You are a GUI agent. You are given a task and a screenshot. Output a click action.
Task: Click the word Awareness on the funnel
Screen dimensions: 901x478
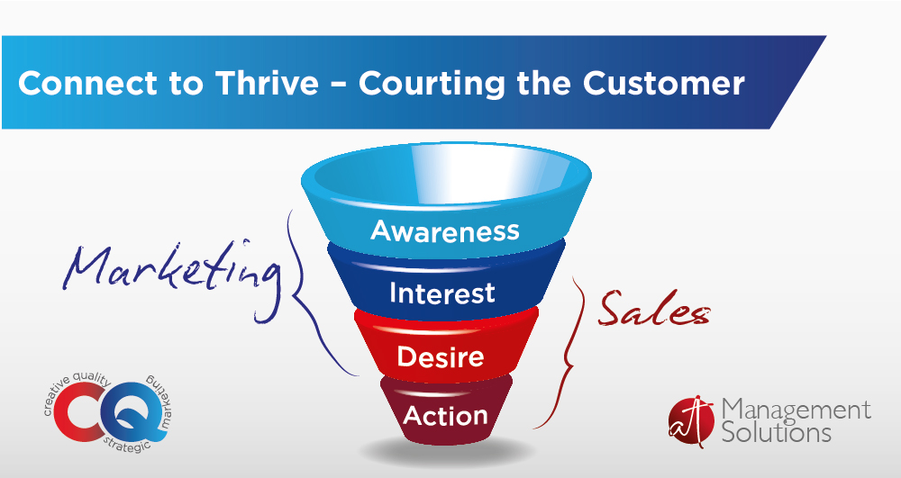445,230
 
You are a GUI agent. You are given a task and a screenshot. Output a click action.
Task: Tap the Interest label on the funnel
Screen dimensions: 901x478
441,293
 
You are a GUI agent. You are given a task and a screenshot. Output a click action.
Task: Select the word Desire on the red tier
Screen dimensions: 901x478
441,356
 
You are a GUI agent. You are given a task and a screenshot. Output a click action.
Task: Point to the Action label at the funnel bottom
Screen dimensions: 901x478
445,416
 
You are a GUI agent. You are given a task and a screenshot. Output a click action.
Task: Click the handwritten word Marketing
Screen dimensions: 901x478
172,275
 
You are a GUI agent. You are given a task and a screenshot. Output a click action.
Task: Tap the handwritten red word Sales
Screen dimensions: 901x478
654,309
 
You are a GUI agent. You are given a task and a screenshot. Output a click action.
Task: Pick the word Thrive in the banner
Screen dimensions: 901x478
267,83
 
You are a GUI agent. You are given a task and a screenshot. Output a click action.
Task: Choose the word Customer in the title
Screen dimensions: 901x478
664,83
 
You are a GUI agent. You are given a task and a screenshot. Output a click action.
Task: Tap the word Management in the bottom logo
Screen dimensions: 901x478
796,410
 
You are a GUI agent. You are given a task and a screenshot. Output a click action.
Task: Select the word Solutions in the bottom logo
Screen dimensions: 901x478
777,431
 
